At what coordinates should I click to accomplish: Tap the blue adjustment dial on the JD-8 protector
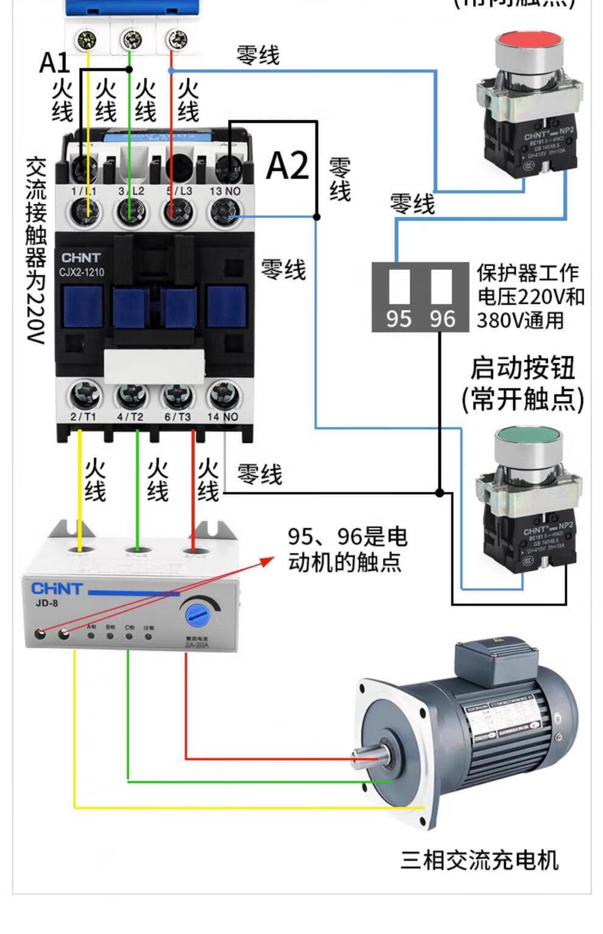click(198, 615)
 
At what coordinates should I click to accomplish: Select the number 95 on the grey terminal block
click(399, 318)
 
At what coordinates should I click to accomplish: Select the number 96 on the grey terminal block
click(442, 318)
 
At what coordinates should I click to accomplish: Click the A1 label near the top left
click(54, 62)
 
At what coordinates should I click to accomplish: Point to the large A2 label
click(287, 165)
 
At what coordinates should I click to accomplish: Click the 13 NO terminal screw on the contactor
click(225, 213)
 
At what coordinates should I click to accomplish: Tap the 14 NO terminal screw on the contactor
click(224, 396)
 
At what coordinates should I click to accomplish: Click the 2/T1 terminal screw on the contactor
click(83, 396)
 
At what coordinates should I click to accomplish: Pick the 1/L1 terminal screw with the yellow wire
click(86, 213)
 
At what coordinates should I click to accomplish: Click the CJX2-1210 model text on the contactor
click(82, 272)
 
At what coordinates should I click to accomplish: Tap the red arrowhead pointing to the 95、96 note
click(269, 559)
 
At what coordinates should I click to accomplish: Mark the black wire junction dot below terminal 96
click(440, 492)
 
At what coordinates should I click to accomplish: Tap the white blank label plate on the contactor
click(154, 366)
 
